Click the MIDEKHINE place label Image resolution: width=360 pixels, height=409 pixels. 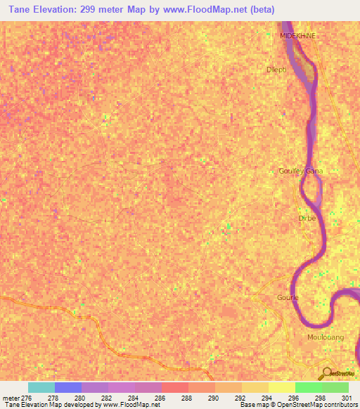[x=297, y=35]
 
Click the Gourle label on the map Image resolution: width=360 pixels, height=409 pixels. [x=288, y=297]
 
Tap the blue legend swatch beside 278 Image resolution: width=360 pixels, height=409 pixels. [x=68, y=387]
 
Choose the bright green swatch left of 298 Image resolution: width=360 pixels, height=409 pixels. [x=309, y=387]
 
